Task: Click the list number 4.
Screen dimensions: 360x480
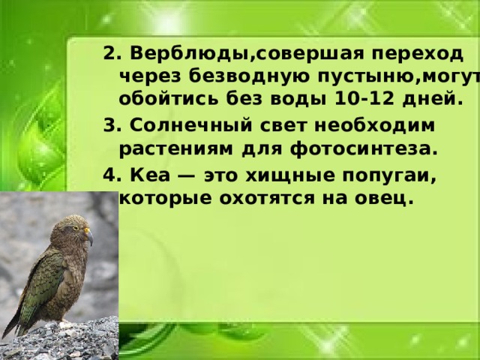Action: click(x=111, y=176)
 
